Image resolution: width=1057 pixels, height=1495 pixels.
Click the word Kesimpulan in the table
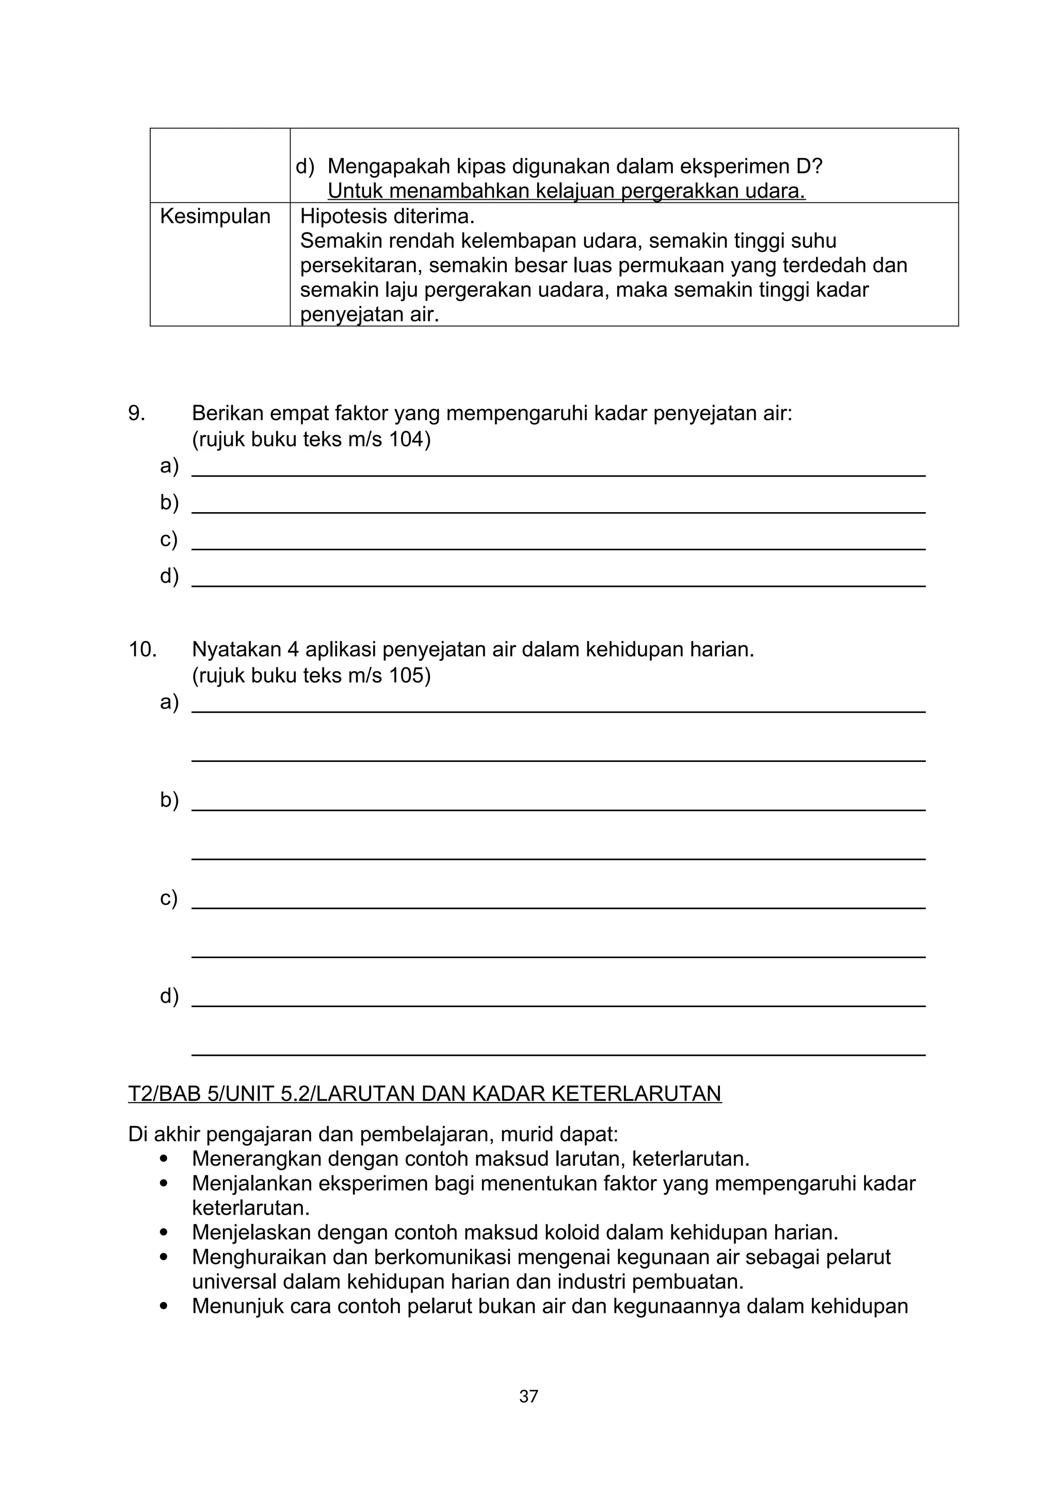point(215,216)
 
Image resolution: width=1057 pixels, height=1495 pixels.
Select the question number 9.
point(137,413)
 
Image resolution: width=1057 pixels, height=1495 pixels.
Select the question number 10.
point(142,650)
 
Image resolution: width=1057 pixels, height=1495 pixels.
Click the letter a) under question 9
point(169,466)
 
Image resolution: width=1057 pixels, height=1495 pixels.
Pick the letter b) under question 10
point(169,800)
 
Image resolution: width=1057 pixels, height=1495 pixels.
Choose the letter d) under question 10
point(169,996)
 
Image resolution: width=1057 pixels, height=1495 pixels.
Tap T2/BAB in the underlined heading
point(165,1094)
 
